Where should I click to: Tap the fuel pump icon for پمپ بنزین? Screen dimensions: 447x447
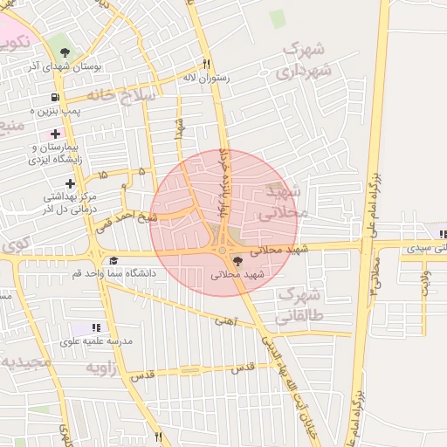point(57,98)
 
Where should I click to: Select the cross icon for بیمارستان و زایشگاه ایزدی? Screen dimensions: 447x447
point(56,134)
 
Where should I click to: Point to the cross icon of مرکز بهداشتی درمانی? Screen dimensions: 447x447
point(70,183)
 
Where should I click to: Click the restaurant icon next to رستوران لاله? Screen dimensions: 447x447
point(207,63)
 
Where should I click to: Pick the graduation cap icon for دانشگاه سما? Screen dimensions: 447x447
point(113,261)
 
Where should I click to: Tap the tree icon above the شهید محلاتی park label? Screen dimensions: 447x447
point(238,261)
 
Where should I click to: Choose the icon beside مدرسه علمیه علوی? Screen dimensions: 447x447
point(96,327)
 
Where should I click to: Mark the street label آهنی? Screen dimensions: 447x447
point(225,321)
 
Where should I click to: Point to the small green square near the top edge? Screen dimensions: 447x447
point(278,18)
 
